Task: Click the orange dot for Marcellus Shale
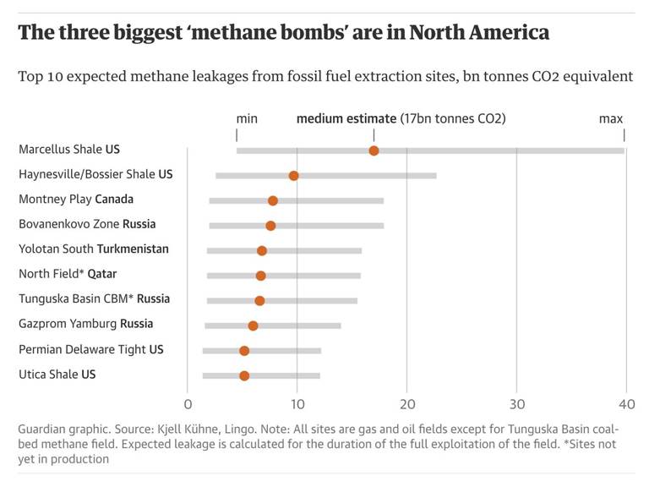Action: click(374, 150)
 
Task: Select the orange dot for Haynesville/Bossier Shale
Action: click(293, 176)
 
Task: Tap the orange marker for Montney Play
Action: click(272, 200)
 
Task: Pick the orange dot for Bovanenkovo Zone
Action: click(270, 226)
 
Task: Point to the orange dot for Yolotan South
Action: click(262, 251)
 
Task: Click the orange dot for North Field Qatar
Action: click(260, 276)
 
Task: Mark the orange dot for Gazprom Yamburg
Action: click(253, 326)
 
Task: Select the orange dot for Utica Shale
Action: click(244, 375)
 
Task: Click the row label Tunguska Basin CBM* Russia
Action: click(94, 299)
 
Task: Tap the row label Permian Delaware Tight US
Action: click(90, 349)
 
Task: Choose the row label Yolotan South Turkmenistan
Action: click(93, 249)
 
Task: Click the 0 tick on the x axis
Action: click(188, 402)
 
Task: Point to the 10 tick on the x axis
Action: click(297, 402)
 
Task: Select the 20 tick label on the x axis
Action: click(406, 402)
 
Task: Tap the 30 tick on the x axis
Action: click(516, 402)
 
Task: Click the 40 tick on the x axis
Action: click(625, 402)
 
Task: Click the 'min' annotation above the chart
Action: click(247, 118)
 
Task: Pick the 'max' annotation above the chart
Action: click(610, 118)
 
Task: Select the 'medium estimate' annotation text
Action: click(346, 118)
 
